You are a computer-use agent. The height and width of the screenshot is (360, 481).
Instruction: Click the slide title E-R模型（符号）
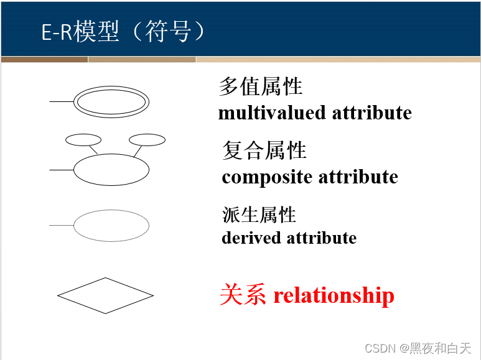(123, 32)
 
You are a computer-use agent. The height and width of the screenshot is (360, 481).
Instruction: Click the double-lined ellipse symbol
(111, 100)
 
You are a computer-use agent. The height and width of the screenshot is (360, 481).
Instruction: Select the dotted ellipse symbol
(111, 225)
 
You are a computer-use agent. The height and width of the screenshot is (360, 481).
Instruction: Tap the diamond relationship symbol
(105, 295)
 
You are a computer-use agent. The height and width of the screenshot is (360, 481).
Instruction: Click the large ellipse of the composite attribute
(111, 169)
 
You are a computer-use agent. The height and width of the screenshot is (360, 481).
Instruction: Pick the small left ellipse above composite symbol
(83, 140)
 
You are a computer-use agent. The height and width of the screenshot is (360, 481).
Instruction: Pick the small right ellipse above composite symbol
(147, 140)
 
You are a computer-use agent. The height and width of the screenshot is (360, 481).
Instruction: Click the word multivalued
(272, 113)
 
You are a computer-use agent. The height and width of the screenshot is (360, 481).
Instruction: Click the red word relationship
(334, 295)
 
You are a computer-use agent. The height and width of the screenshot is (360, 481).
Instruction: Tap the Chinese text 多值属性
(261, 86)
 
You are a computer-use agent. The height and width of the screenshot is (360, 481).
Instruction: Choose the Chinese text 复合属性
(264, 150)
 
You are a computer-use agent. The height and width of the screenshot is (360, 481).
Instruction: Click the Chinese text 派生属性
(259, 215)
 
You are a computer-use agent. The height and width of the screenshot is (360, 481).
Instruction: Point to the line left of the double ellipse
(62, 101)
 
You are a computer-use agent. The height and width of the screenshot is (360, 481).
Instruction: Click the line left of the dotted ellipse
(61, 225)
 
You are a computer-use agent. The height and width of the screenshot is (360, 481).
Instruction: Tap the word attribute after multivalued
(371, 113)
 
